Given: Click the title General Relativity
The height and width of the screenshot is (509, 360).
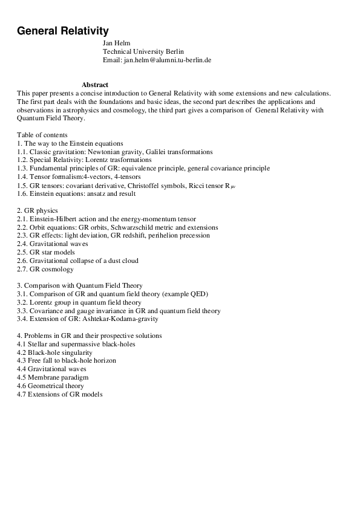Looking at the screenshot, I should pos(63,30).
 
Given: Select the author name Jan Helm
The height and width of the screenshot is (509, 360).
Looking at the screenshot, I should pos(117,44).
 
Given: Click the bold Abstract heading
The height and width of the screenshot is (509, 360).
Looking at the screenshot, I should pos(95,85).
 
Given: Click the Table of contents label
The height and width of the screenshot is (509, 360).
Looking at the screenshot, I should pos(42,135).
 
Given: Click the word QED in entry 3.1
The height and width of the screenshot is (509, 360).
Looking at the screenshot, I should pos(198,294).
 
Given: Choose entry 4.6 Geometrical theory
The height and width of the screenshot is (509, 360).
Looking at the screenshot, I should pos(51,386).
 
